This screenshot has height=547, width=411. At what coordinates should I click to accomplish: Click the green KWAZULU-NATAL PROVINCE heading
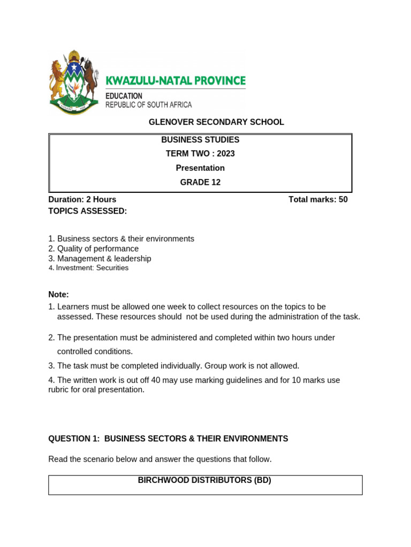[176, 81]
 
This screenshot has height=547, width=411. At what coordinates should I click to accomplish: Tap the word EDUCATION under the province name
[124, 96]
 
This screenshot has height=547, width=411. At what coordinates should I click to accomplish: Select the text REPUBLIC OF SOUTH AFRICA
[148, 105]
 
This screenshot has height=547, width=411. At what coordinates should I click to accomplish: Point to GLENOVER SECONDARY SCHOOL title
[216, 122]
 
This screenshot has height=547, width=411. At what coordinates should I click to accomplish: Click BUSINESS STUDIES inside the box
[200, 140]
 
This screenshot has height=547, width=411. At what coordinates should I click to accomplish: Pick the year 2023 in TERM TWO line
[226, 154]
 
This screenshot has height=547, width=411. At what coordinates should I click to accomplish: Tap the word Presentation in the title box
[200, 168]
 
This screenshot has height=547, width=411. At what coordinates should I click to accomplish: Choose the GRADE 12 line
[200, 182]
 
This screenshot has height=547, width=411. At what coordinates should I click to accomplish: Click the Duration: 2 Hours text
[82, 200]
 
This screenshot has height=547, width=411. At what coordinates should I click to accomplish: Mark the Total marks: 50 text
[318, 200]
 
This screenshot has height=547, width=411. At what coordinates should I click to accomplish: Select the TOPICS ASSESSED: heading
[88, 211]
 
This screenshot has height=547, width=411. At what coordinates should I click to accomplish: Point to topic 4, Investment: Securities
[89, 268]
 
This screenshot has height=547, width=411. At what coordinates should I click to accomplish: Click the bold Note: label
[59, 294]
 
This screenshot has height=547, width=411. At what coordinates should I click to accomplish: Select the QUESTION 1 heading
[168, 439]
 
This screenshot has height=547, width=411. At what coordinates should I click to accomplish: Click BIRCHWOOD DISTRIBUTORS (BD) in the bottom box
[204, 480]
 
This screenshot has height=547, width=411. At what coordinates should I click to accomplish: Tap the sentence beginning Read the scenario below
[160, 459]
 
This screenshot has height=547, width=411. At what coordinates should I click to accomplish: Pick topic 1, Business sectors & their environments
[121, 239]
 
